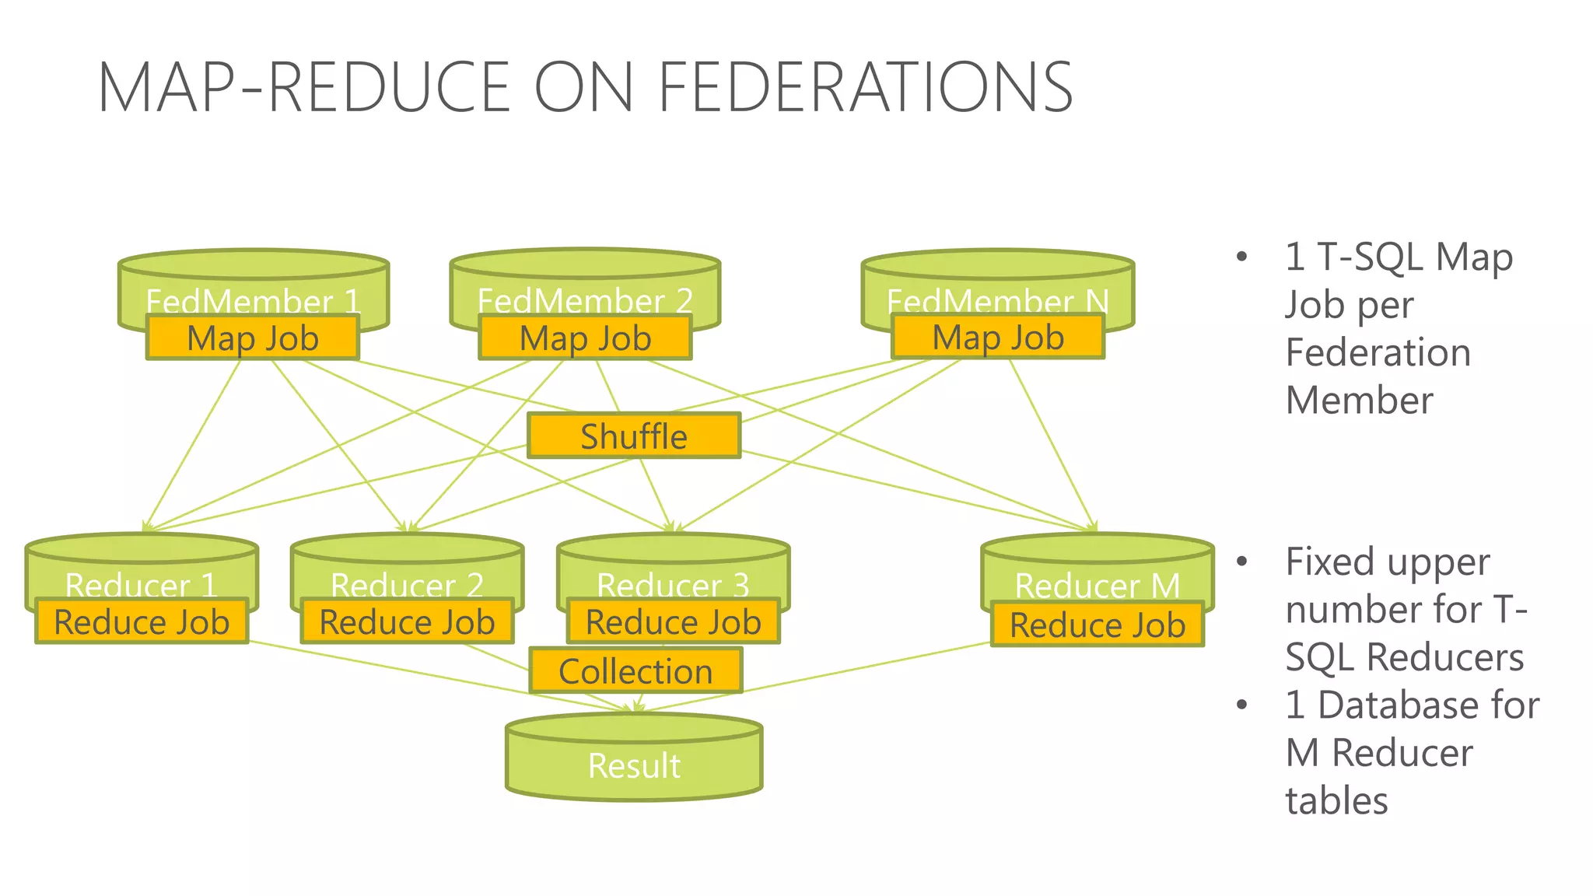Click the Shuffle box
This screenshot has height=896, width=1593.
coord(634,436)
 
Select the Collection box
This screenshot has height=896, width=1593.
coord(635,670)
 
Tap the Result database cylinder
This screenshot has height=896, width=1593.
coord(634,765)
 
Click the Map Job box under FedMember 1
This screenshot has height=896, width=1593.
coord(253,338)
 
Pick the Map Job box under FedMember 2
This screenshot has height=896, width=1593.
coord(585,338)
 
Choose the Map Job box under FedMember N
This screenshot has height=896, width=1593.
coord(998,337)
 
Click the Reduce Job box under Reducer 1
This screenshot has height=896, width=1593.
coord(142,621)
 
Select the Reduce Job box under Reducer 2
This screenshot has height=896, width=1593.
coord(407,621)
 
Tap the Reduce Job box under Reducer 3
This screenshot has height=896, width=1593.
coord(673,621)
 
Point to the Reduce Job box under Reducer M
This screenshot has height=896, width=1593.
coord(1097,625)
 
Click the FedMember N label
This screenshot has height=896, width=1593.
coord(998,300)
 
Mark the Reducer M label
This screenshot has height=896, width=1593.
coord(1097,585)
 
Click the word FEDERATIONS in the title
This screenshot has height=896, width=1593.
coord(865,87)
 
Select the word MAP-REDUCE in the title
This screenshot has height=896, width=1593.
coord(303,87)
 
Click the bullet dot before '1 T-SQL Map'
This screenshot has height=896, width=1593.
coord(1241,257)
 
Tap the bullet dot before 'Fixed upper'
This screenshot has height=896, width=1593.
coord(1241,562)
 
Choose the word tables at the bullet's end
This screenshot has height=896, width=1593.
coord(1336,800)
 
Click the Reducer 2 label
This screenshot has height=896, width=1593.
coord(407,585)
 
